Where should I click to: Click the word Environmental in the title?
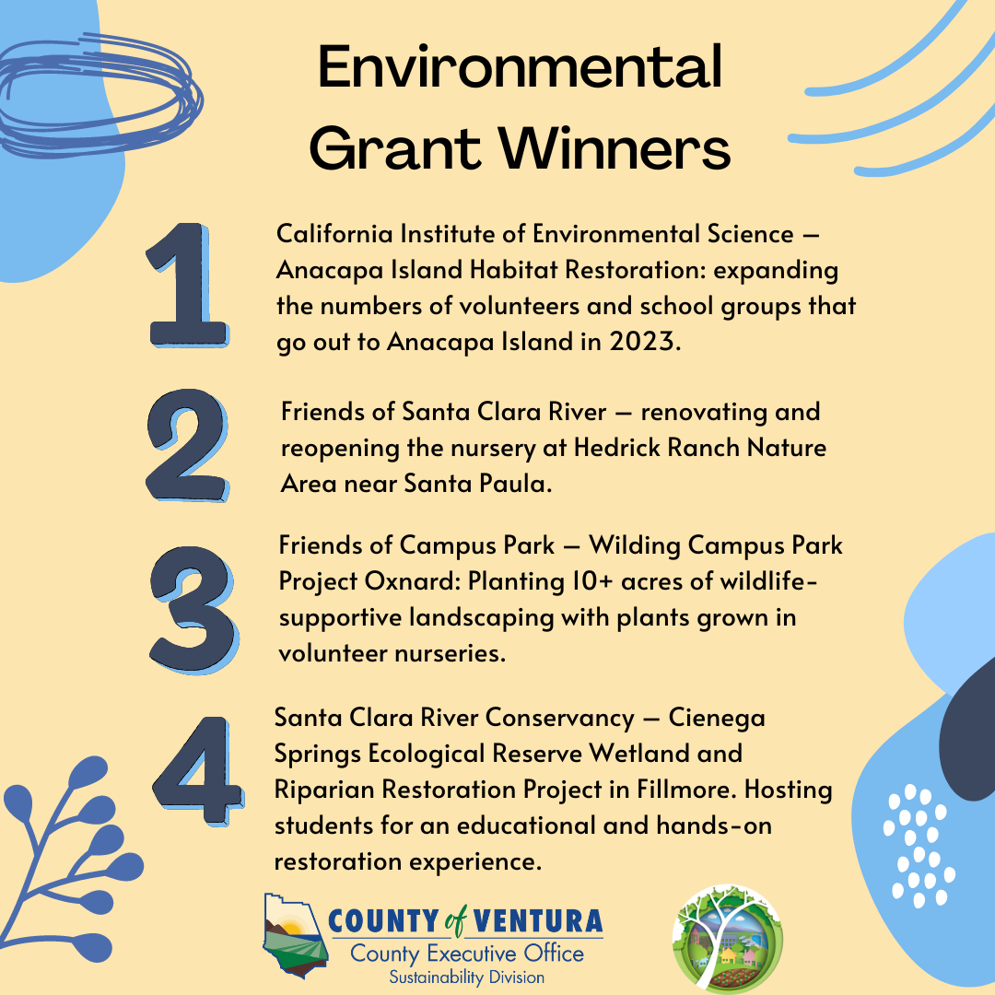[520, 66]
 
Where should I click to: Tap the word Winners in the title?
[615, 147]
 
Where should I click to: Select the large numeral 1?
[187, 285]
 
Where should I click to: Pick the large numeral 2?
[187, 446]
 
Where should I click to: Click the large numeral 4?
[198, 771]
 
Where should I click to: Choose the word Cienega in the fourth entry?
[717, 718]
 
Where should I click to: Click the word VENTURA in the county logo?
[537, 921]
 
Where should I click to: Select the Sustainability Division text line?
[466, 977]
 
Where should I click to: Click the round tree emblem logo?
[727, 939]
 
